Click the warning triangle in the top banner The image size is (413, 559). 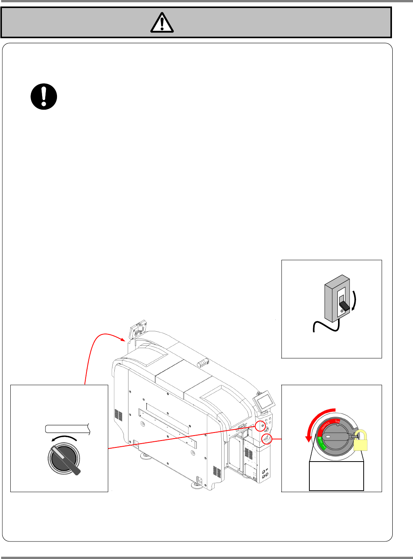point(162,23)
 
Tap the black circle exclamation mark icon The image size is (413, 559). point(44,97)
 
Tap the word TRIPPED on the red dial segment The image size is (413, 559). point(325,426)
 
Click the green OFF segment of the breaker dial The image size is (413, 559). point(321,444)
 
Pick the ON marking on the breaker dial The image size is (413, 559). point(337,421)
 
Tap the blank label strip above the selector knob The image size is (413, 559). point(67,429)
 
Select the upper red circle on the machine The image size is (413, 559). point(260,425)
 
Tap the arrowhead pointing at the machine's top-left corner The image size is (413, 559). point(124,339)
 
